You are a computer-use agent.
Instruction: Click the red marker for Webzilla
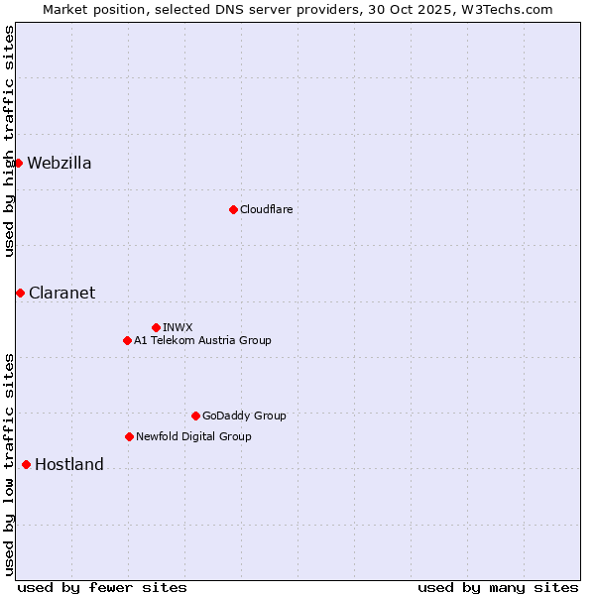point(18,163)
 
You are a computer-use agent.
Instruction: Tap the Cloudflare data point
point(233,209)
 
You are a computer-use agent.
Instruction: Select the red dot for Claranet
point(20,293)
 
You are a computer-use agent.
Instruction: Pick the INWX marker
point(156,327)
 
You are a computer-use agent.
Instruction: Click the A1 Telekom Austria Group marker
point(127,340)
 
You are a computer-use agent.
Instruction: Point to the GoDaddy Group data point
point(195,416)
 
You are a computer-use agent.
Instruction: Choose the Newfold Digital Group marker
point(129,436)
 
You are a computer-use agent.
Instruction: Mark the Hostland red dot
point(26,464)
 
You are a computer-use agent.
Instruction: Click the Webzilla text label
point(59,164)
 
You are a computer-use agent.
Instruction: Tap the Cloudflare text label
point(266,209)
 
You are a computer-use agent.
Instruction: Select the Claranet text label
point(61,293)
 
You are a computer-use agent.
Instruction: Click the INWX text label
point(178,327)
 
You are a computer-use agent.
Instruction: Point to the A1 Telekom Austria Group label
point(202,340)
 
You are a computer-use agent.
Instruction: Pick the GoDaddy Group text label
point(244,416)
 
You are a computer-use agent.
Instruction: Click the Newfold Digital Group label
point(193,436)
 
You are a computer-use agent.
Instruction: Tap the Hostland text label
point(69,465)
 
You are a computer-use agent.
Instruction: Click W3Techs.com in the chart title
point(504,9)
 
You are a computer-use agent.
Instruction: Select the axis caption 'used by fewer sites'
point(102,587)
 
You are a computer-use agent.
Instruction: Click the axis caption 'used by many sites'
point(498,587)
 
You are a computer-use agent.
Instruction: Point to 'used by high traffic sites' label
point(9,141)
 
